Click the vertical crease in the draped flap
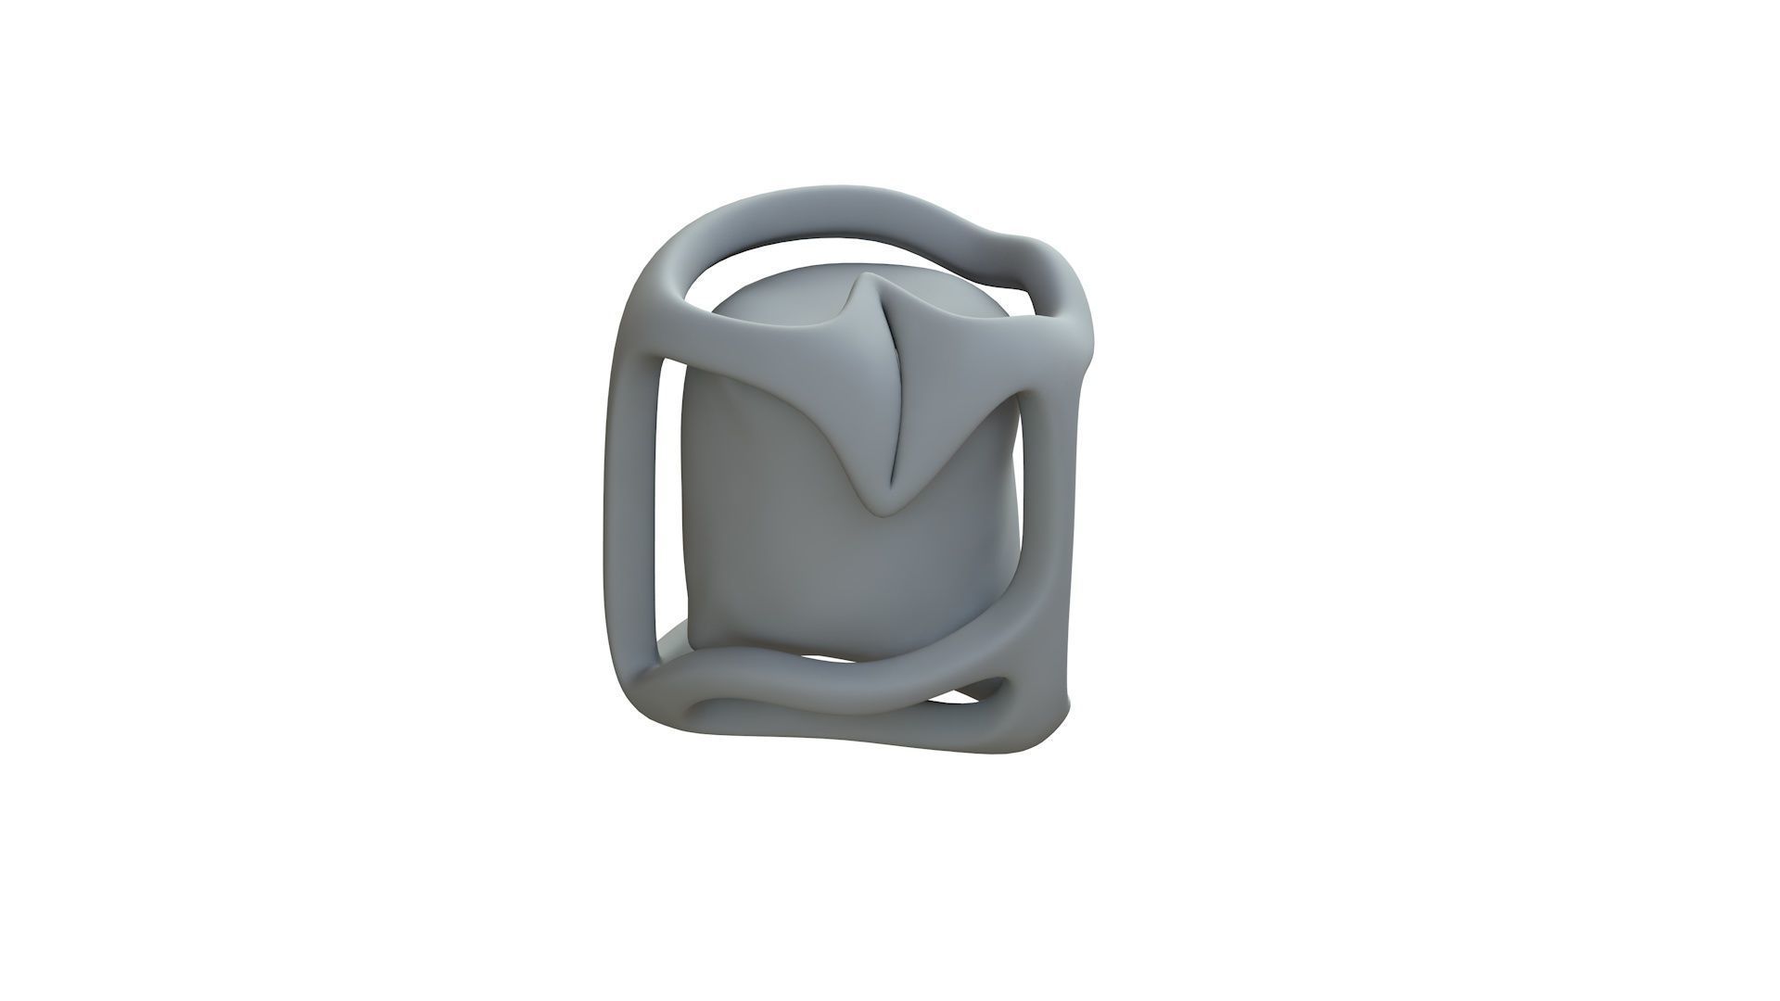click(892, 399)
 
